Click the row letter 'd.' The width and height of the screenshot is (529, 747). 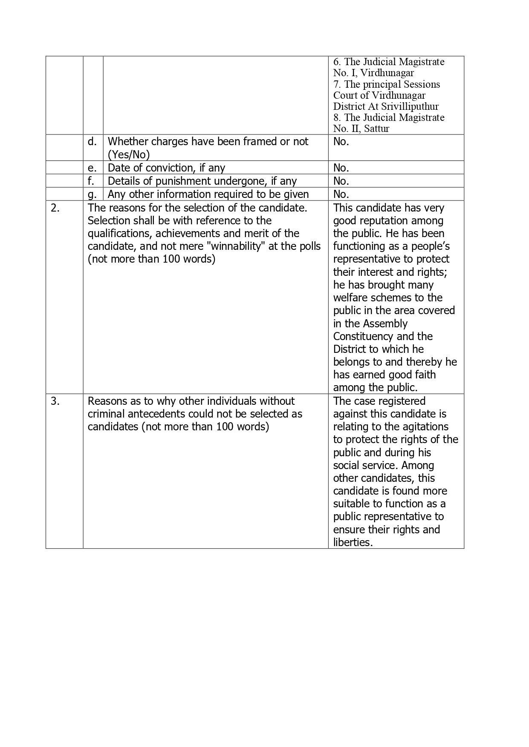pos(92,142)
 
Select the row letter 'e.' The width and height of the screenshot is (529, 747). pos(92,168)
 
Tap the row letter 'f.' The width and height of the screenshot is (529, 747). pos(91,181)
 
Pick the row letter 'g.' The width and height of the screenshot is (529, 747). pos(92,195)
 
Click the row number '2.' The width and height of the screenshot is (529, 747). pos(55,208)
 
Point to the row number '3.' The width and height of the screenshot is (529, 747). pos(55,401)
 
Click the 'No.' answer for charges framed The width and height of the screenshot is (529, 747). pos(341,142)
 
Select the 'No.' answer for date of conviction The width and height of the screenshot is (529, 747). pos(341,168)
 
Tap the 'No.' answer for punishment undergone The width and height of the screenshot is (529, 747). pos(341,181)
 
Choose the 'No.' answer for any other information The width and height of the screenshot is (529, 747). pos(341,195)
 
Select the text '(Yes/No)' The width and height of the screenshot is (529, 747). pos(129,155)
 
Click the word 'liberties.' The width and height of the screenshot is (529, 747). pos(353,543)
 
